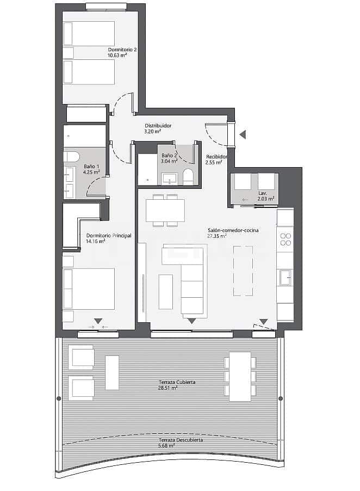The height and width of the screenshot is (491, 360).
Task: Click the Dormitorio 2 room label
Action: pos(122,50)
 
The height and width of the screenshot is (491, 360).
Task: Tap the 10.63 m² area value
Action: pos(118,56)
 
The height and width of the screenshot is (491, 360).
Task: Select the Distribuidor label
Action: pos(158,126)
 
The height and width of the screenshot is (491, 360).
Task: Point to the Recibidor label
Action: pos(216,156)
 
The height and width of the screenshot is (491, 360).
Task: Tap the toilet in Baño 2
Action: pos(188,176)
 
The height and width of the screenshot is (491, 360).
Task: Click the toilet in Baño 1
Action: pos(71,157)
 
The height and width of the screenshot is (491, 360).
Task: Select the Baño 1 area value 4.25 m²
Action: pos(91,172)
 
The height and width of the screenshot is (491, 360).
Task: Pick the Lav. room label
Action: pos(262,193)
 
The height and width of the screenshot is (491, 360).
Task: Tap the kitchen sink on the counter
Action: pos(285,277)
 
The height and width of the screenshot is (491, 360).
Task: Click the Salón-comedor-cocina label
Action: pos(233,230)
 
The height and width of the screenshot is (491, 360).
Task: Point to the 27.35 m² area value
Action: pos(218,237)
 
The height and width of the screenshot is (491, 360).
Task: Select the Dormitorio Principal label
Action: pos(109,236)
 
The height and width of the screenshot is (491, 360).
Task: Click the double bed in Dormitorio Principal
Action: pos(89,289)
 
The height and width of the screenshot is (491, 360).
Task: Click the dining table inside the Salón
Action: pos(165,210)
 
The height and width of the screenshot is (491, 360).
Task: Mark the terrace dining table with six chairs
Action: pos(240,376)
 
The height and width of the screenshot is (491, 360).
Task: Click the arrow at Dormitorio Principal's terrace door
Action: pos(98,321)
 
